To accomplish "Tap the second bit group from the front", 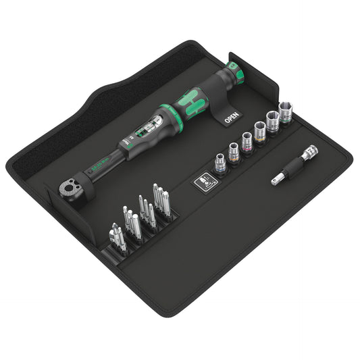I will (x=131, y=223).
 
